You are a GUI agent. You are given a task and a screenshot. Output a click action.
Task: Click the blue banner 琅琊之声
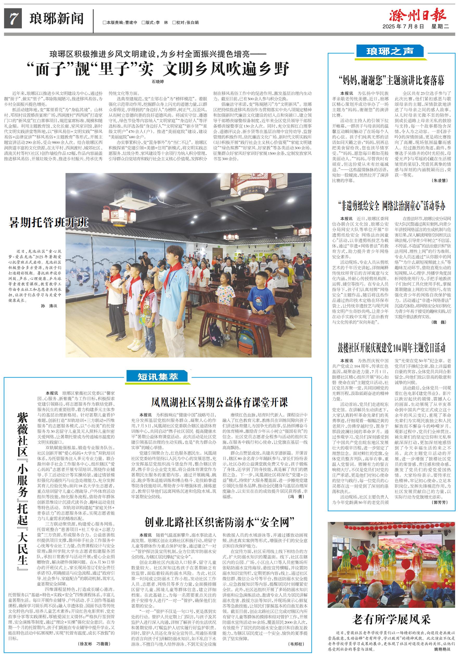click(x=390, y=52)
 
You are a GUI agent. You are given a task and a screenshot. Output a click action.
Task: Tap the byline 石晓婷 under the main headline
click(x=158, y=82)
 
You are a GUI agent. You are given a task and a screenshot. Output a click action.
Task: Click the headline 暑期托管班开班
click(x=48, y=222)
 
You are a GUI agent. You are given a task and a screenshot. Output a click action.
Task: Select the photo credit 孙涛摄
click(x=49, y=306)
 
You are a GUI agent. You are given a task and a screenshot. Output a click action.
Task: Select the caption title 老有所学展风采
click(x=391, y=620)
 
